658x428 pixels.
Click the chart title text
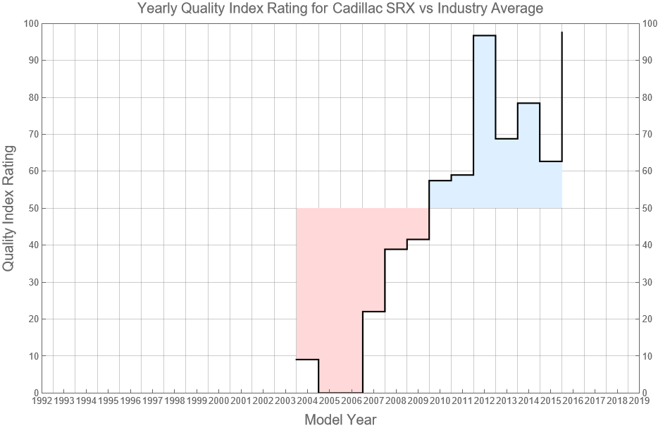coord(340,9)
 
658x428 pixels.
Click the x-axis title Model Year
coord(340,420)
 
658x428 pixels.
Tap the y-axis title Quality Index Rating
coord(9,208)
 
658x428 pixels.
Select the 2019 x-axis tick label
coord(639,401)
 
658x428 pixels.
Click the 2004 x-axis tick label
coord(307,401)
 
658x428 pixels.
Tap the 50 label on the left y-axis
coord(31,208)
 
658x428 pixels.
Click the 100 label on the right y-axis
coord(651,24)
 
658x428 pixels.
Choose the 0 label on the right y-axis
coord(646,393)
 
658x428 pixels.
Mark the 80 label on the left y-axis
coord(31,97)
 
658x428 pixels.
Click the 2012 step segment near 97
coord(484,35)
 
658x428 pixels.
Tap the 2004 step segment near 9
coord(307,360)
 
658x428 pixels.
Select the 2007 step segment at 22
coord(373,312)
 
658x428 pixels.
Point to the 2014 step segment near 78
coord(528,104)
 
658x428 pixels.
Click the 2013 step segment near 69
coord(507,139)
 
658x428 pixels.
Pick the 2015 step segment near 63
coord(550,161)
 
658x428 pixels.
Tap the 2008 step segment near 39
coord(396,249)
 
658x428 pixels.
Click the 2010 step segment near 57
coord(440,181)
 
